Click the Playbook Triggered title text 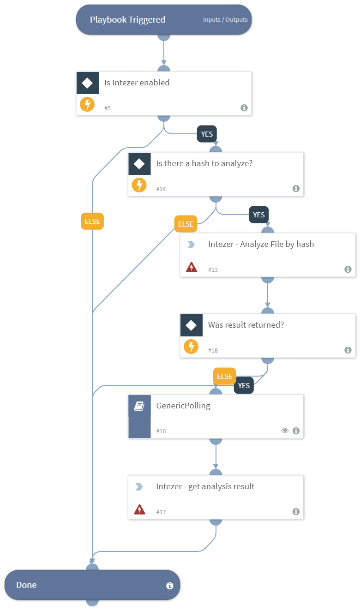tap(127, 20)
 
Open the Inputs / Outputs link tap(225, 20)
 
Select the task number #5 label tap(107, 108)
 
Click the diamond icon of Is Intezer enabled tap(87, 83)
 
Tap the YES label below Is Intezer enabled tap(207, 134)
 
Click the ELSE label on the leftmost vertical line tap(92, 221)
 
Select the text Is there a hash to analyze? tap(204, 164)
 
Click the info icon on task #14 tap(296, 188)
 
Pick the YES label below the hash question tap(259, 215)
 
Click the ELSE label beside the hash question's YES tap(186, 224)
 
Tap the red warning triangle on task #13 tap(191, 267)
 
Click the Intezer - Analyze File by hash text tap(261, 244)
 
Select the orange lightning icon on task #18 tap(191, 347)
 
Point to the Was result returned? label tap(246, 325)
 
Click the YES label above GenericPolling tap(244, 385)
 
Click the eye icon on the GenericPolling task tap(285, 431)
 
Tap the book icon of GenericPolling tap(139, 406)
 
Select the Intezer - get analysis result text tap(205, 486)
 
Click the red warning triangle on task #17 tap(139, 509)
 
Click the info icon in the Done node tap(169, 586)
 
